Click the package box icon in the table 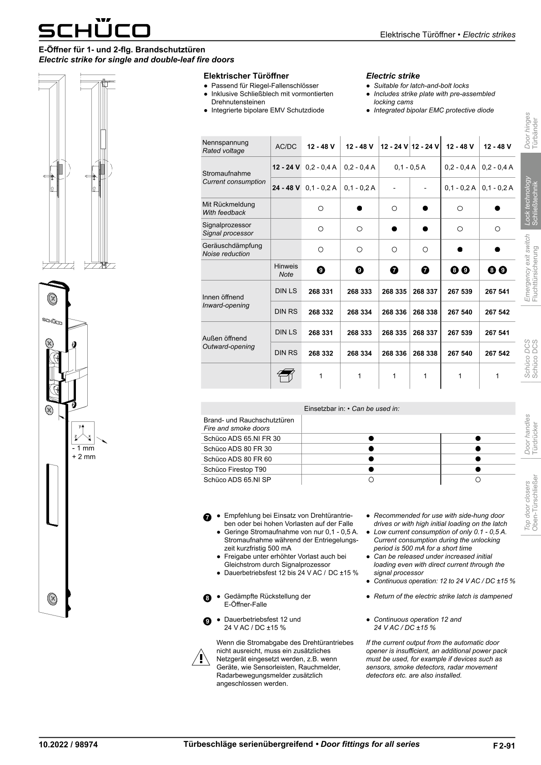click(286, 376)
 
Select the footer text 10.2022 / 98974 click(68, 745)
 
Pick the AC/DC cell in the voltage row click(286, 146)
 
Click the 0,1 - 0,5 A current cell click(410, 167)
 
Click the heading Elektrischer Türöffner click(246, 76)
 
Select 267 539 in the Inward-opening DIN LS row click(460, 291)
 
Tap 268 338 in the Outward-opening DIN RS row click(425, 353)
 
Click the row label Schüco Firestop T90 click(235, 469)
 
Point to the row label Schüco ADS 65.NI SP click(237, 480)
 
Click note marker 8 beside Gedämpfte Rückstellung click(207, 598)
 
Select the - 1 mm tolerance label click(83, 448)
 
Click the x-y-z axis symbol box click(83, 433)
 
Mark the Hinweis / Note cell click(286, 270)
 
